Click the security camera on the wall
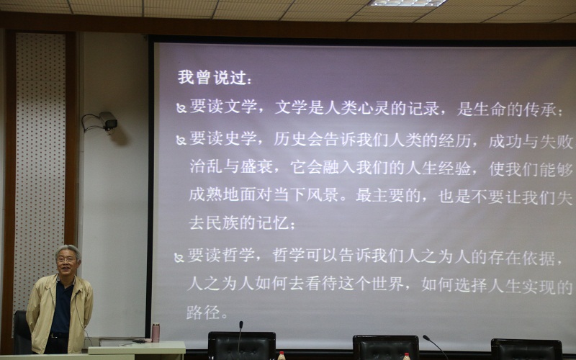108,120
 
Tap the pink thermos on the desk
156,332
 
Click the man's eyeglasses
66,259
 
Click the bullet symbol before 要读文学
181,108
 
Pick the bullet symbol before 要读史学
181,140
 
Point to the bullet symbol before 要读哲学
179,258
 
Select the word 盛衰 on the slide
256,166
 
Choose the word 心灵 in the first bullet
373,108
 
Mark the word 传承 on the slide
540,109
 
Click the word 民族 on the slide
222,222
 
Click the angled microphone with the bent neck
435,346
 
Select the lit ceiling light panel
408,3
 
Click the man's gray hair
68,251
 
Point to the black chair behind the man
22,332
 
